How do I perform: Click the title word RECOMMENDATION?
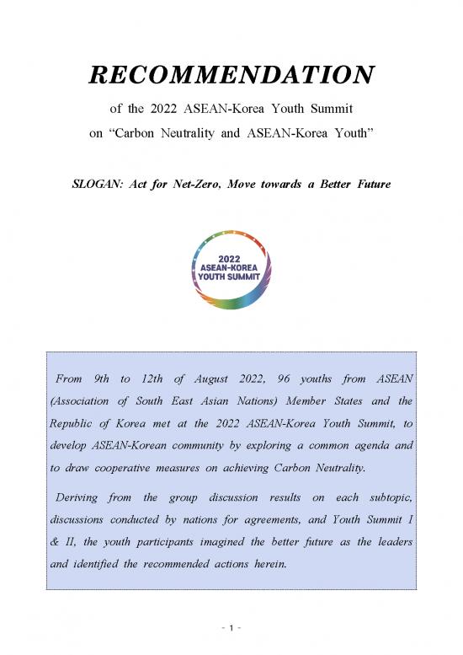click(231, 77)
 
